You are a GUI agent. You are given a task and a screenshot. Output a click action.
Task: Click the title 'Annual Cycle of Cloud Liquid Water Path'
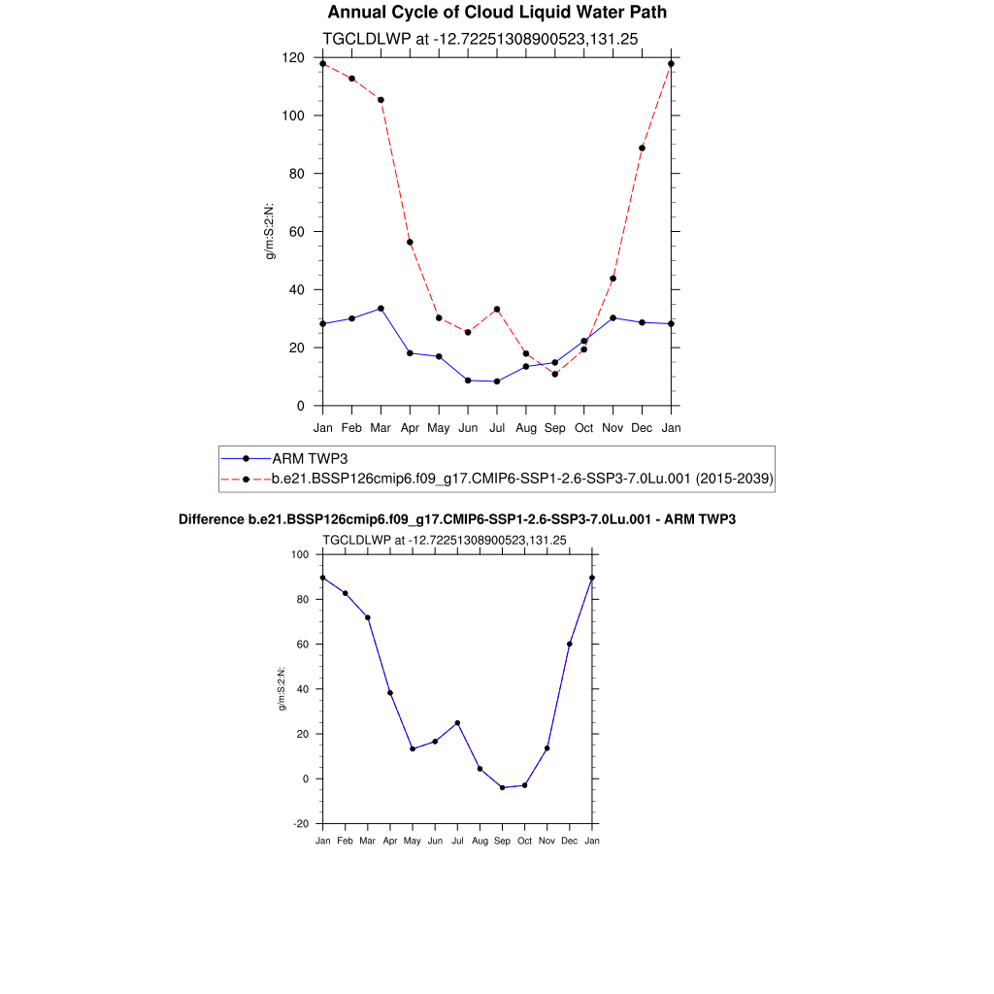(x=497, y=13)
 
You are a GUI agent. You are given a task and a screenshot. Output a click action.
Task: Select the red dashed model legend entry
(x=522, y=479)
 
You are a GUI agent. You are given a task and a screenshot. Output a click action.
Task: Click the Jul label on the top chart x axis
(x=497, y=427)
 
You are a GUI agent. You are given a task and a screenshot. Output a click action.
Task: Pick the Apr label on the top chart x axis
(x=410, y=427)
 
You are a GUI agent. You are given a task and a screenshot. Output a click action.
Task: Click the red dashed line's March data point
(x=381, y=100)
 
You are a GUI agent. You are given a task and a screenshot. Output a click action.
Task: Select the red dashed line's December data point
(x=642, y=148)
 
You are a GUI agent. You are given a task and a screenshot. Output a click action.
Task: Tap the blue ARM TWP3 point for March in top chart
(x=381, y=309)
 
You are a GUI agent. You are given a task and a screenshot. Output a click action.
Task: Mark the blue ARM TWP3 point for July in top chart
(x=497, y=381)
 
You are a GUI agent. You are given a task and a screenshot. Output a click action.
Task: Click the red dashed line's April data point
(x=410, y=242)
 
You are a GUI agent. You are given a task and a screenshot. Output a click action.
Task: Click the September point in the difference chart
(x=502, y=787)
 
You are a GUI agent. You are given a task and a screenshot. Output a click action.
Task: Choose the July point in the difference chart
(x=457, y=723)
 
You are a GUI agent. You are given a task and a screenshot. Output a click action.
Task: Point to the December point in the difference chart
(x=570, y=644)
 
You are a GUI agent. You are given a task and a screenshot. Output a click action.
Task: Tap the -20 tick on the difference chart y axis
(x=301, y=823)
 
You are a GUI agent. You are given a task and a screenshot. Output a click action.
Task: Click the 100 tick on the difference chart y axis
(x=300, y=555)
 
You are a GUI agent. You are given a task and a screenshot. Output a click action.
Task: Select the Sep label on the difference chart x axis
(x=502, y=841)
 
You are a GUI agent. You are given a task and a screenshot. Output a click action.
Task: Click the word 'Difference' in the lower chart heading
(x=205, y=519)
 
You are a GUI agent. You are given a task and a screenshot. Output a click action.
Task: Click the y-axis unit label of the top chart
(x=272, y=231)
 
